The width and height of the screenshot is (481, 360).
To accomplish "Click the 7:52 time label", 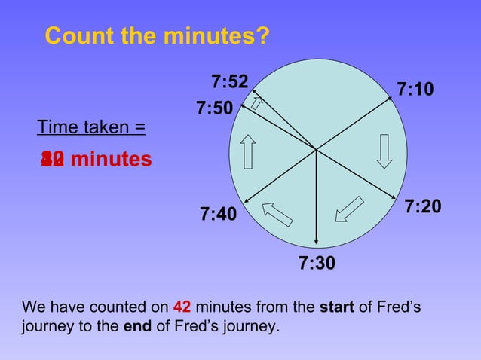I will pos(230,81).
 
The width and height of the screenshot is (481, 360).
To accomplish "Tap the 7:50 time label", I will pos(215,108).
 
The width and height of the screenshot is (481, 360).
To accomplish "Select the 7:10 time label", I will pos(415,90).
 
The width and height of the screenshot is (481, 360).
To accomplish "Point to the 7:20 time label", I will pos(423,206).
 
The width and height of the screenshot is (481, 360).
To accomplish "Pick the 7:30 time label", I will pos(317,264).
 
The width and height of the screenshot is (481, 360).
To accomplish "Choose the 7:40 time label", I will pos(219,215).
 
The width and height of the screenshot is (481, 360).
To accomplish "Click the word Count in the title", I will pos(76,35).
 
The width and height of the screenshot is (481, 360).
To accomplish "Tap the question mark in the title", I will pos(262,35).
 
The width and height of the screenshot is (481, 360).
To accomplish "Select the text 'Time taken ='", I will pos(91,127).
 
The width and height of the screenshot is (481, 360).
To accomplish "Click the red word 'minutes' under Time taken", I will pos(111,160).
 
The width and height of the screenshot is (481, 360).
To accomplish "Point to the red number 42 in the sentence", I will pos(182,307).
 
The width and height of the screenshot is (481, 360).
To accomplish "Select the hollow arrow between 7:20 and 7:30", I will pos(349,209).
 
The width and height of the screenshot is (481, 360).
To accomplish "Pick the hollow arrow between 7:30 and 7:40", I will pos(277,213).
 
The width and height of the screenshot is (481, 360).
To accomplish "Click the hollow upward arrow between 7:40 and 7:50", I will pos(247,151).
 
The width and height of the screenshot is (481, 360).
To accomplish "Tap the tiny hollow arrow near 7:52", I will pos(256,102).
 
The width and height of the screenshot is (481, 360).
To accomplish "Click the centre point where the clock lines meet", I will pos(316,149).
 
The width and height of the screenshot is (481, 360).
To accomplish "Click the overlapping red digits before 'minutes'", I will pos(52,160).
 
